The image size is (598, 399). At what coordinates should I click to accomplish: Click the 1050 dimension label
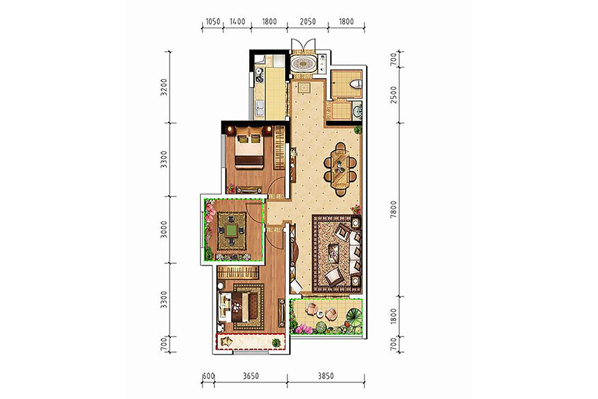(x=213, y=21)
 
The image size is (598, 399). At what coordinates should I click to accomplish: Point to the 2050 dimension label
(x=308, y=21)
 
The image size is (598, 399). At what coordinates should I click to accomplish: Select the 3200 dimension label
(x=164, y=87)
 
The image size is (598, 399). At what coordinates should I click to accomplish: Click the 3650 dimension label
(x=250, y=376)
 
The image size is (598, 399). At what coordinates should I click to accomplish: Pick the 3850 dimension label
(x=326, y=376)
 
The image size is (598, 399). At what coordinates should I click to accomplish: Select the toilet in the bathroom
(x=356, y=84)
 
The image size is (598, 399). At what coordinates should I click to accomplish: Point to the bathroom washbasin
(x=357, y=111)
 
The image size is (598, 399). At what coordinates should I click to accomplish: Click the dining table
(x=340, y=168)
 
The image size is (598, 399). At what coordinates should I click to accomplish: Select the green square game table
(x=231, y=230)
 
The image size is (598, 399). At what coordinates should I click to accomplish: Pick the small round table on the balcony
(x=320, y=314)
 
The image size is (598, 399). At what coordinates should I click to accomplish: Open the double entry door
(x=304, y=45)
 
